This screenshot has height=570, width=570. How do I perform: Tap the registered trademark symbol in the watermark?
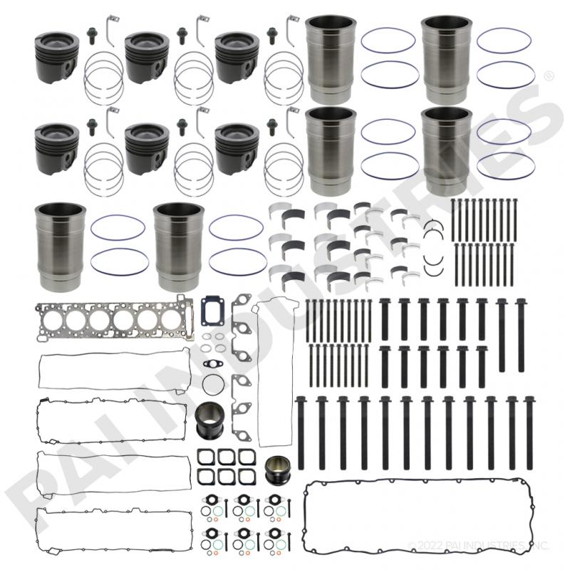[549, 75]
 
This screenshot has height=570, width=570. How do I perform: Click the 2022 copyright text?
[477, 546]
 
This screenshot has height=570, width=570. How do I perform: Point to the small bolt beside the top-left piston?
[92, 33]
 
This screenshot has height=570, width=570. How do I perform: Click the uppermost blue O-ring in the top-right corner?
[503, 40]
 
